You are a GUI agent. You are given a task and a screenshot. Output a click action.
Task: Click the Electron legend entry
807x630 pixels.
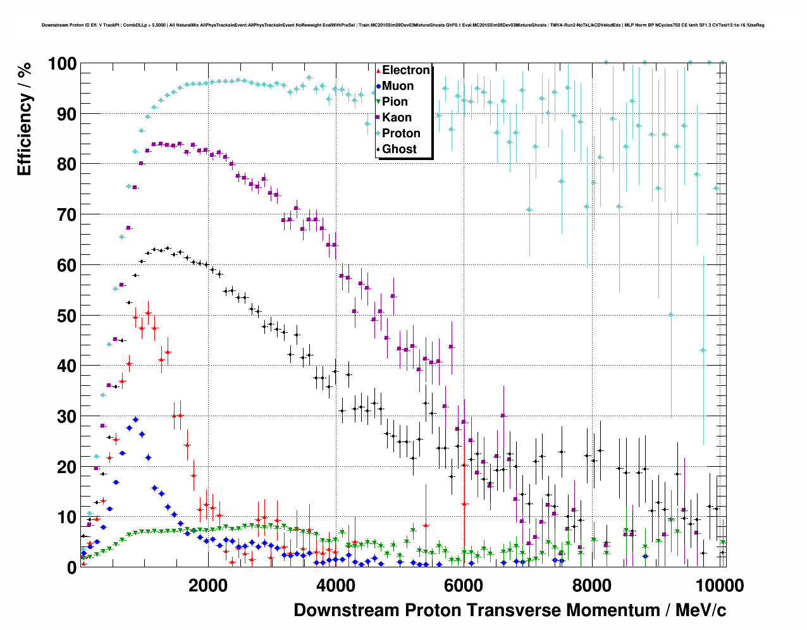pos(405,70)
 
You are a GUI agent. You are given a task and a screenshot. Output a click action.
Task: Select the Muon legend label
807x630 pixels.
pos(398,86)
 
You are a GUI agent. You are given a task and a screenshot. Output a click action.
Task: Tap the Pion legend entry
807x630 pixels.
pos(395,102)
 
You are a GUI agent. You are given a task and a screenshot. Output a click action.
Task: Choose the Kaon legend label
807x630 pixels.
pos(397,118)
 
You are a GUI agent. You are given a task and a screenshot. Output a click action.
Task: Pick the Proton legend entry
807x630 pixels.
pos(401,133)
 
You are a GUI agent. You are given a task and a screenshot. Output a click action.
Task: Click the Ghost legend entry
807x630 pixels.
pos(399,149)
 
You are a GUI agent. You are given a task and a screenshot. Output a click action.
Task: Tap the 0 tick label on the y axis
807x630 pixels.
pos(71,568)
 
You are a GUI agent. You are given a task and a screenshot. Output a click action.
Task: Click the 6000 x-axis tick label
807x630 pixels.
pos(464,586)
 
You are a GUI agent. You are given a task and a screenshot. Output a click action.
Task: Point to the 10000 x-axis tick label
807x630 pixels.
pos(718,586)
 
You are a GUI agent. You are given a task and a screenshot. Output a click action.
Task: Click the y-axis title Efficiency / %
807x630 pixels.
pos(25,120)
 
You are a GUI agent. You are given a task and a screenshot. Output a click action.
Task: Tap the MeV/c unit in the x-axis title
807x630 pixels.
pos(701,610)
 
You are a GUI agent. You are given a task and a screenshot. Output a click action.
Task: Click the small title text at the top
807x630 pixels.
pos(403,25)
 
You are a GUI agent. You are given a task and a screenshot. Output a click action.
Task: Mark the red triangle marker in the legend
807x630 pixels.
pos(378,70)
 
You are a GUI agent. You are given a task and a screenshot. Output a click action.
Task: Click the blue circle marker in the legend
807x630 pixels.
pos(378,86)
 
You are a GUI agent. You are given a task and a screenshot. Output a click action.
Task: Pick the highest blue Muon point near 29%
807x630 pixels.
pos(135,419)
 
